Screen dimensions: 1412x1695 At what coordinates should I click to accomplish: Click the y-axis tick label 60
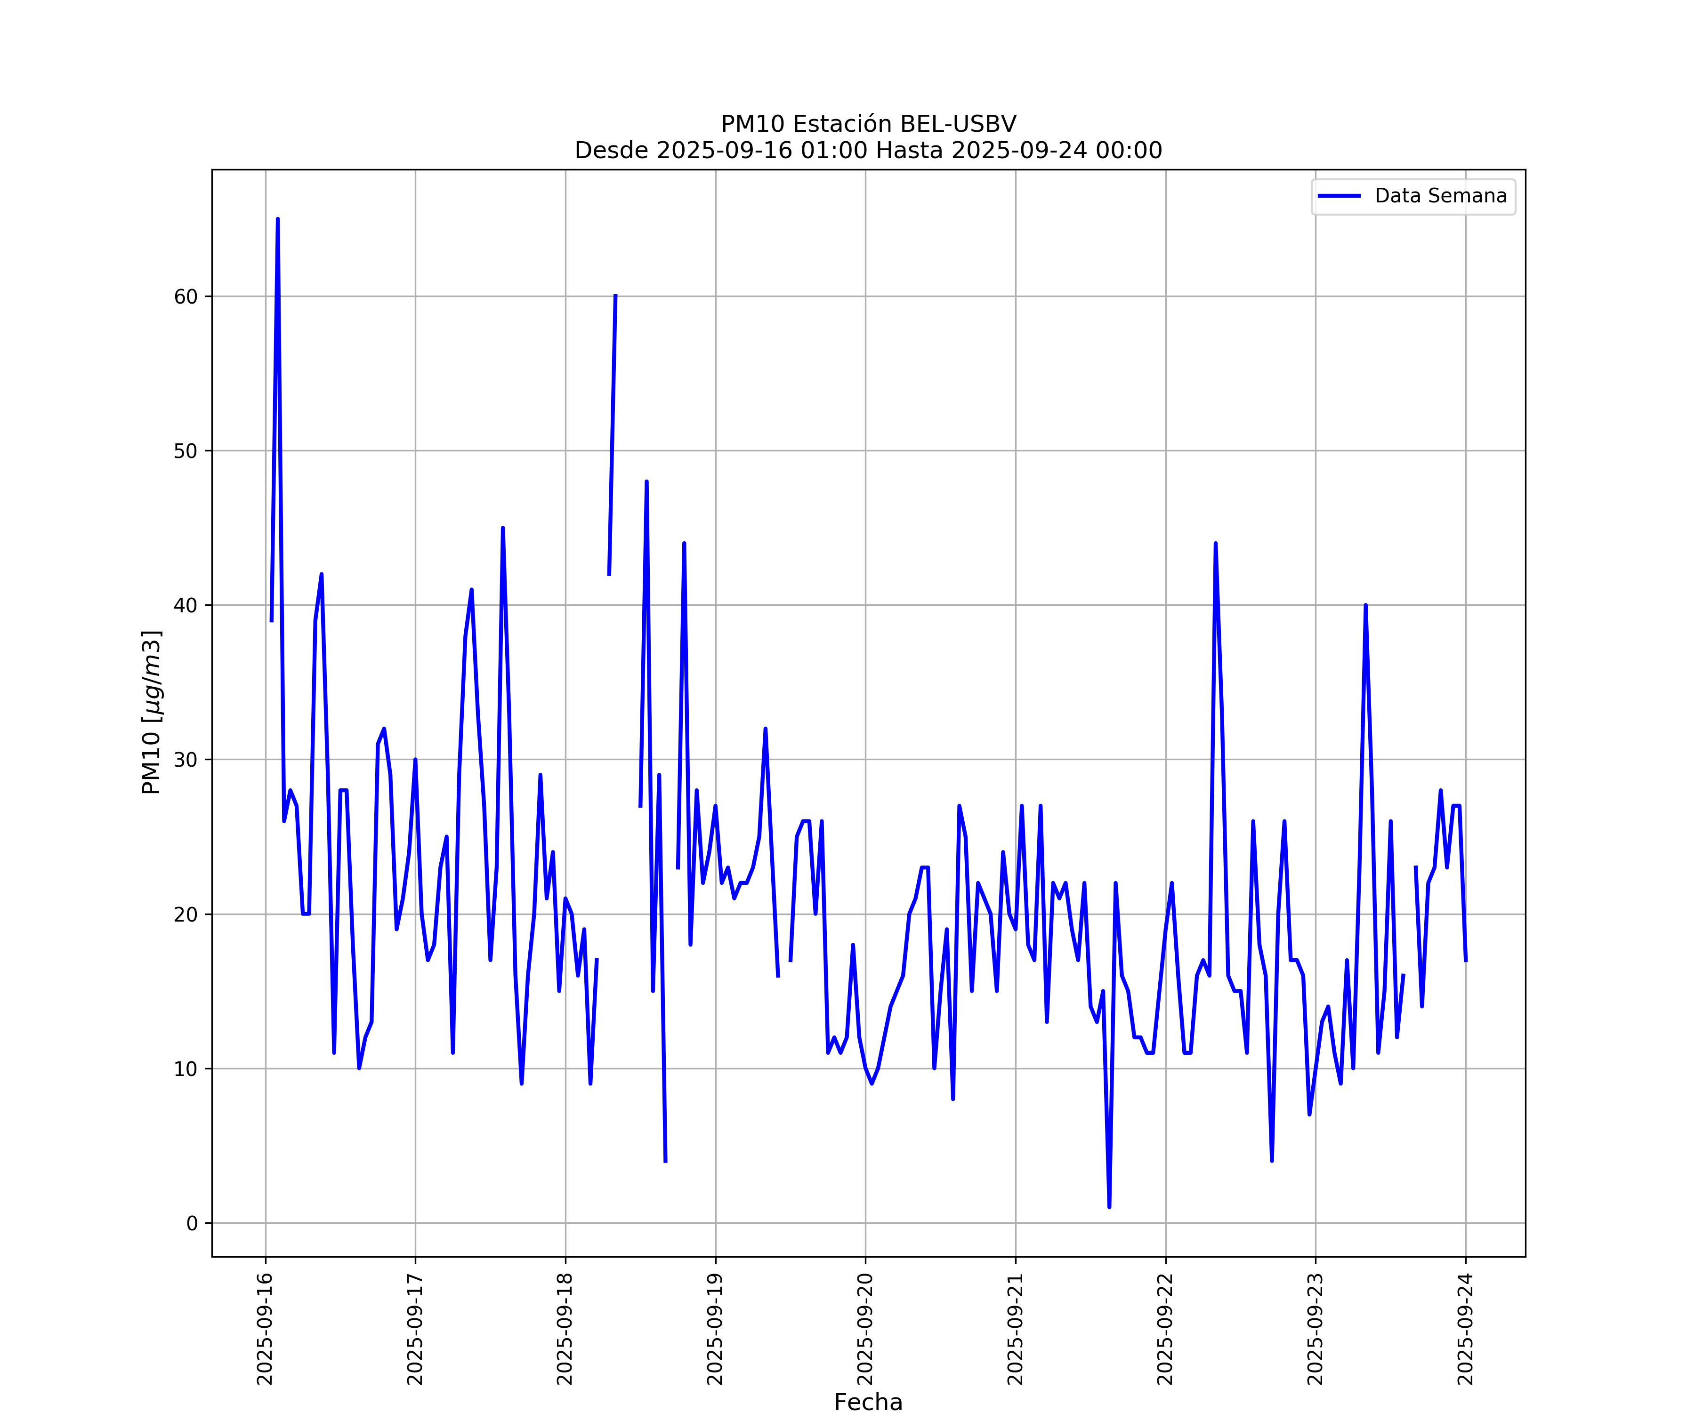(x=185, y=297)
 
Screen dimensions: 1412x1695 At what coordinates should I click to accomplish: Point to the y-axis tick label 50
(x=185, y=451)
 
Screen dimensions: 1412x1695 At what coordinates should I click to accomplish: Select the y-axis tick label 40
(x=185, y=605)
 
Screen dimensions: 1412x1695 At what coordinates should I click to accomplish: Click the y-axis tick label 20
(x=185, y=914)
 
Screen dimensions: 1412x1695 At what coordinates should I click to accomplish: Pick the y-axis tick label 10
(x=185, y=1069)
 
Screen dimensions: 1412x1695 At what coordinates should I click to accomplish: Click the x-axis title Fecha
(x=868, y=1402)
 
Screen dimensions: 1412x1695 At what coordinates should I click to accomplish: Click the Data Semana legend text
(x=1441, y=196)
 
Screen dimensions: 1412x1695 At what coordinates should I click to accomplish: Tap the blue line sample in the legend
(x=1339, y=196)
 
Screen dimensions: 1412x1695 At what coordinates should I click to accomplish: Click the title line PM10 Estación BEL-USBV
(x=869, y=124)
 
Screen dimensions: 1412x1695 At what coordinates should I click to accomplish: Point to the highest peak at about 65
(x=278, y=219)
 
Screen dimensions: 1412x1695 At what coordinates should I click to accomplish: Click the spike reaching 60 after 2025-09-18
(x=615, y=297)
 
